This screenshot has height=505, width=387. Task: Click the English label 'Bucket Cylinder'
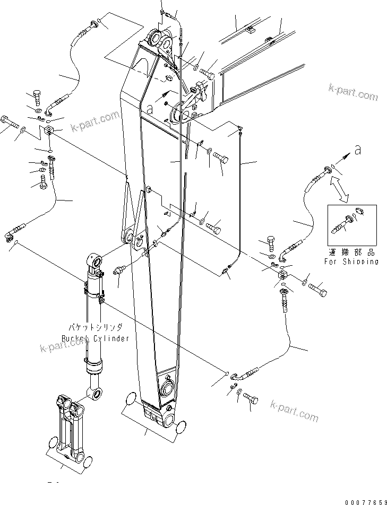[95, 338]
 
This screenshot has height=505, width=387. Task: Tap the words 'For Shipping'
[351, 262]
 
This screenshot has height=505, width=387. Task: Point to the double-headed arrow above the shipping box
[339, 189]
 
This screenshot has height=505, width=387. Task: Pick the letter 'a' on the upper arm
[150, 108]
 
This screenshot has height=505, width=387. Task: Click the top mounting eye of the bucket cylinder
[96, 260]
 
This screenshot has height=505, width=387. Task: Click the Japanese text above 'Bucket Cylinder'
[95, 328]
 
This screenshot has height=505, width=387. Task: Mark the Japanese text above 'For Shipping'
[351, 253]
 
